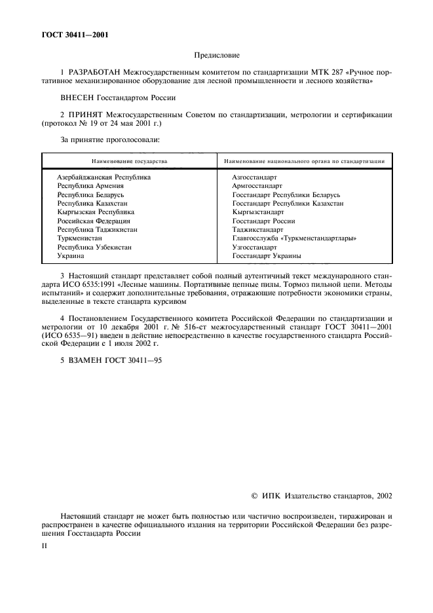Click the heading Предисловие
[217, 57]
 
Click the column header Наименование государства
[129, 160]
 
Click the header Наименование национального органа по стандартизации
[304, 160]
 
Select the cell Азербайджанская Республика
[104, 177]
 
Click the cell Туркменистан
[79, 239]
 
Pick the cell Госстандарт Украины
[267, 257]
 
